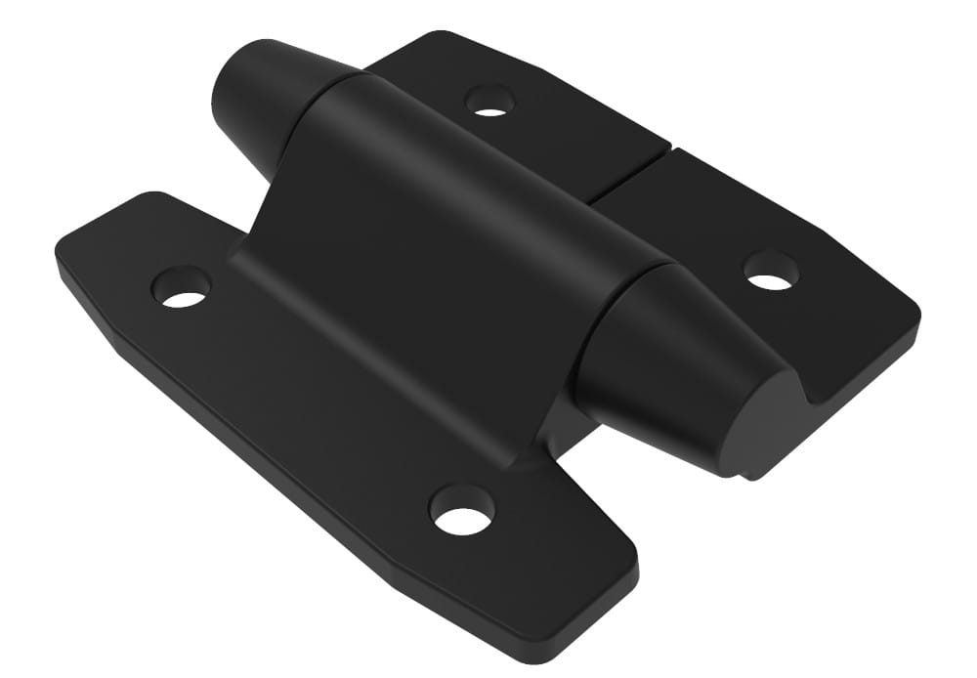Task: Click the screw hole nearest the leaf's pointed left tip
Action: [183, 286]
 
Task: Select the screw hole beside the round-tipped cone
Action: [489, 99]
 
